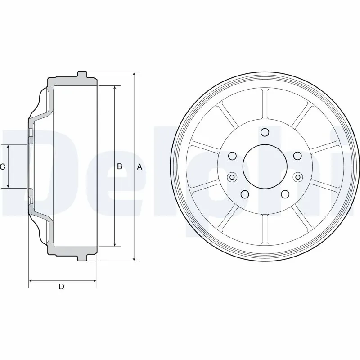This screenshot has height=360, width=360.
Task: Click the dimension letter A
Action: click(x=139, y=167)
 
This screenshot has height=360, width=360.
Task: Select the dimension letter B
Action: click(x=120, y=167)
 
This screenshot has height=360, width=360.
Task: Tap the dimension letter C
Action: click(x=3, y=167)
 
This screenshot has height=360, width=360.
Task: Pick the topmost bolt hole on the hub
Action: click(x=265, y=132)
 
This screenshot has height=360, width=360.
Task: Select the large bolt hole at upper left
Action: click(x=233, y=156)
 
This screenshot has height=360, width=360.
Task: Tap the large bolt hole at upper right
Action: click(x=297, y=156)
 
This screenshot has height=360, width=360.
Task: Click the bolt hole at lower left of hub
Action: click(x=245, y=194)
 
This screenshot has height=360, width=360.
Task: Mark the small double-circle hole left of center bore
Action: click(x=232, y=176)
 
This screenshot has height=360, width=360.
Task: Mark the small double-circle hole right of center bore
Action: click(x=298, y=176)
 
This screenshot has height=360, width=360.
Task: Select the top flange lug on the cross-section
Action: click(x=82, y=74)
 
